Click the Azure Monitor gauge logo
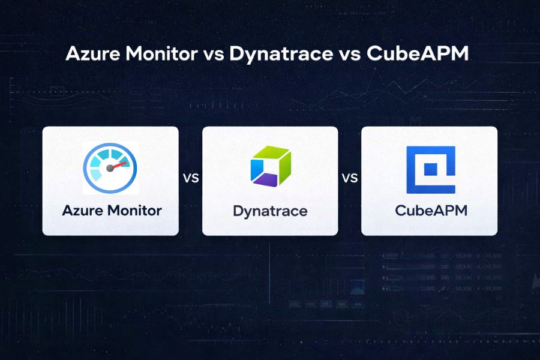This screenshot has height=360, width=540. tap(110, 167)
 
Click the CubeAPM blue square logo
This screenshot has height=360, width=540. tap(430, 169)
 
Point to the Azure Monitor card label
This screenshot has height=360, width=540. tap(112, 211)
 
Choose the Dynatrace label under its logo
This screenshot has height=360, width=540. tap(270, 211)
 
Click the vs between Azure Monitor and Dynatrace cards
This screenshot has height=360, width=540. tap(190, 178)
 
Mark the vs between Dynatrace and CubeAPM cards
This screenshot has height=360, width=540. tap(349, 178)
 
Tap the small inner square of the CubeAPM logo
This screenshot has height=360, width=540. tap(430, 170)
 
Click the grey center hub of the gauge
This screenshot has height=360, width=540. tap(110, 169)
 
